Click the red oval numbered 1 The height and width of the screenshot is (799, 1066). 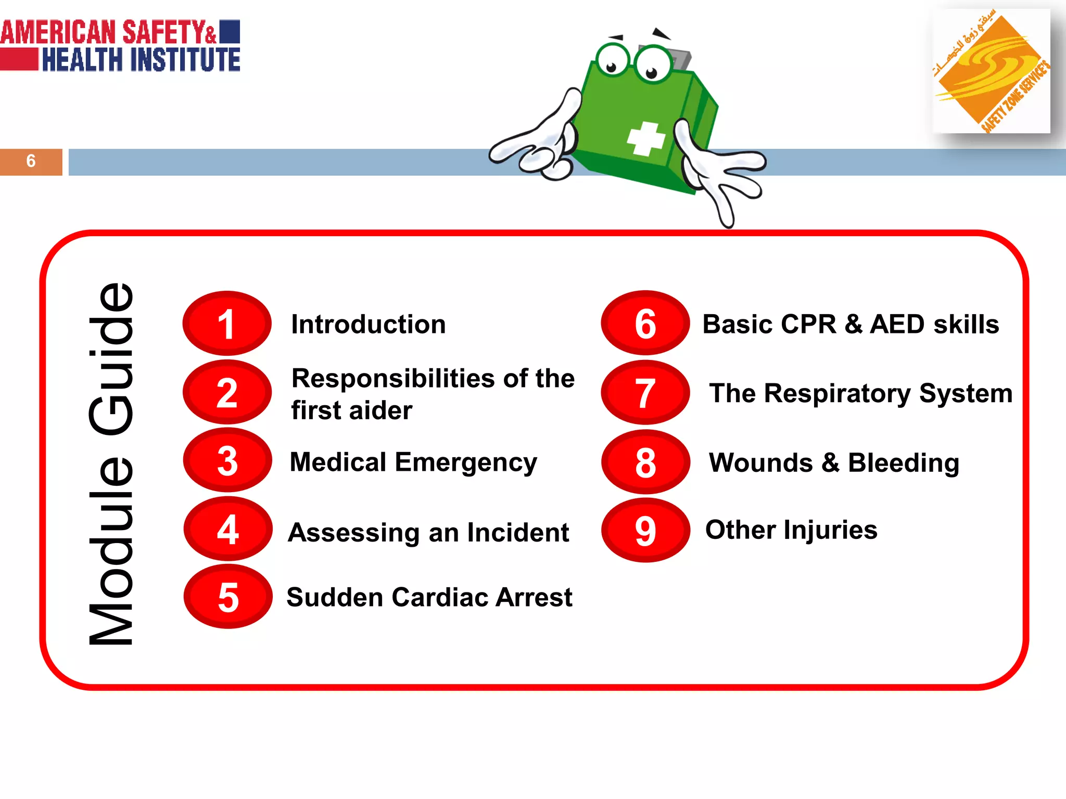point(227,324)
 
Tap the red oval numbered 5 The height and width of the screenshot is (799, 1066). point(228,597)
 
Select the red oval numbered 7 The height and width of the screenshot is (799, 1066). point(645,393)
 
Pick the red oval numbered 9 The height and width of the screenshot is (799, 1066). point(645,530)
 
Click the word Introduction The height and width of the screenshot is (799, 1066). point(368,324)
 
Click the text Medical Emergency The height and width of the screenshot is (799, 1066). point(413,462)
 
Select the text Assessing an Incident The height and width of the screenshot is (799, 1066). point(428,532)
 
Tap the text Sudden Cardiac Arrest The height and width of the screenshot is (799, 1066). point(429,597)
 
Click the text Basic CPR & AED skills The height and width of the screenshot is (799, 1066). point(851,324)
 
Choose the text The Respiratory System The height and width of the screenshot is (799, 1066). point(861,393)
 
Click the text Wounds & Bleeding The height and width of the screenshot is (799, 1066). point(834,462)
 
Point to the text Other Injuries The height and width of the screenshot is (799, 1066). point(791,530)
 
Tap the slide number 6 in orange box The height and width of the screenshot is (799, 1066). point(31,161)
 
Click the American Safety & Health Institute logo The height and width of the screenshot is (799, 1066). point(120,46)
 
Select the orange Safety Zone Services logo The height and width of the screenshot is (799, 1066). point(991,71)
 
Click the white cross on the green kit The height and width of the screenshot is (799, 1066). point(646,139)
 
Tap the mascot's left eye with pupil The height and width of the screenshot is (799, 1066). point(613,61)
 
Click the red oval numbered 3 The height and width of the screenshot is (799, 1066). point(227,460)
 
